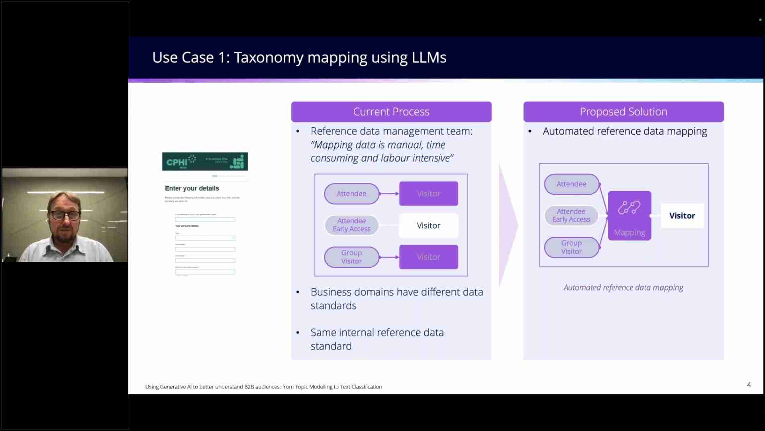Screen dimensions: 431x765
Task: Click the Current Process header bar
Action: (x=391, y=112)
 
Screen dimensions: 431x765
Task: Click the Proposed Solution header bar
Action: (x=623, y=112)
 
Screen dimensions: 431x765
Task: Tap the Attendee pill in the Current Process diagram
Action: (x=351, y=194)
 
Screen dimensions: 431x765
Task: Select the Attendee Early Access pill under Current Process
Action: (x=351, y=225)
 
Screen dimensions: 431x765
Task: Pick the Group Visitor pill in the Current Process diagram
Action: (x=351, y=257)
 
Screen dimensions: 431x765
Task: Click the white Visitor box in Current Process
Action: (x=428, y=225)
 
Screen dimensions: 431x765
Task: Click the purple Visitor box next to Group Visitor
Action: (x=428, y=257)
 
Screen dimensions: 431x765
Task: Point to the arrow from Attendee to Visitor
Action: (x=389, y=194)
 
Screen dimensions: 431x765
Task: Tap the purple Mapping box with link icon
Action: (x=629, y=215)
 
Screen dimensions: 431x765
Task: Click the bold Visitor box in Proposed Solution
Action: (x=682, y=216)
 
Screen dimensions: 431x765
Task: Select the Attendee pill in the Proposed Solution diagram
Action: (x=571, y=184)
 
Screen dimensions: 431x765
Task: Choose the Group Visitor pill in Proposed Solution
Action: (x=571, y=247)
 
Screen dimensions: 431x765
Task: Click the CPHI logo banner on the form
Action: (x=205, y=162)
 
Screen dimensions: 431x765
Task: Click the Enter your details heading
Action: (x=192, y=188)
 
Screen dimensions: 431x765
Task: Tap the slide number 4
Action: (x=749, y=385)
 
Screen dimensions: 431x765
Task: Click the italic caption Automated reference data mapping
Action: (x=623, y=288)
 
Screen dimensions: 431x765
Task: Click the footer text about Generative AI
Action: (x=263, y=387)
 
